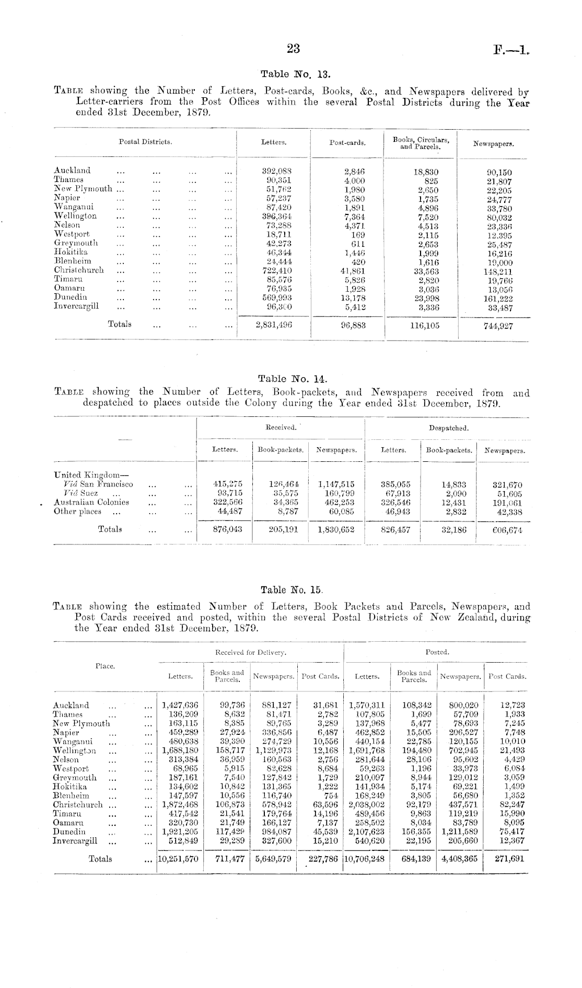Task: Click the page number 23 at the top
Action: click(x=293, y=49)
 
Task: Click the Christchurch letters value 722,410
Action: click(x=277, y=270)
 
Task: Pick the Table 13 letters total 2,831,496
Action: click(x=274, y=325)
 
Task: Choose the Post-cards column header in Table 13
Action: click(x=347, y=142)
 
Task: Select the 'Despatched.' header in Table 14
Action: click(x=448, y=428)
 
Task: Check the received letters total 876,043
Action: click(x=225, y=529)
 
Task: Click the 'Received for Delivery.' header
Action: click(x=250, y=652)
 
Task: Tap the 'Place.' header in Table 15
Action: click(x=105, y=666)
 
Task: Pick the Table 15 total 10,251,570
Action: click(x=178, y=859)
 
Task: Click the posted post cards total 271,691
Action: click(x=509, y=859)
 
